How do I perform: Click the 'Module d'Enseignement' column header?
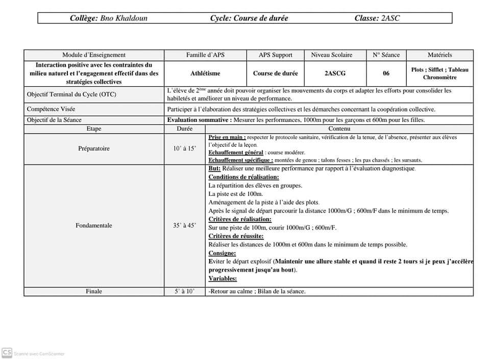(94, 55)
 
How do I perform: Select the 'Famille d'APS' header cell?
(205, 55)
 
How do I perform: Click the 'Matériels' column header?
(439, 55)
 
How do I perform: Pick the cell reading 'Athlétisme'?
(205, 73)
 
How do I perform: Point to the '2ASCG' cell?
(335, 73)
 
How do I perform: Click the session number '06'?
(386, 73)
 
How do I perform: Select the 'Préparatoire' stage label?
(94, 149)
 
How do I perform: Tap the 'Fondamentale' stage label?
(94, 225)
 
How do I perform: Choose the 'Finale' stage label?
(94, 292)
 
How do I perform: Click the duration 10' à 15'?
(184, 149)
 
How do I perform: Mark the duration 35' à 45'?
(184, 225)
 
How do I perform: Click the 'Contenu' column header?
(339, 129)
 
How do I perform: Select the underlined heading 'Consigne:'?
(222, 253)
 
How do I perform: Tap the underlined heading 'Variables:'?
(223, 278)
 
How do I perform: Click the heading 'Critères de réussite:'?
(236, 236)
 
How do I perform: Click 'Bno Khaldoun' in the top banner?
(124, 18)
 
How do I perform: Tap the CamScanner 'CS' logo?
(7, 352)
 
